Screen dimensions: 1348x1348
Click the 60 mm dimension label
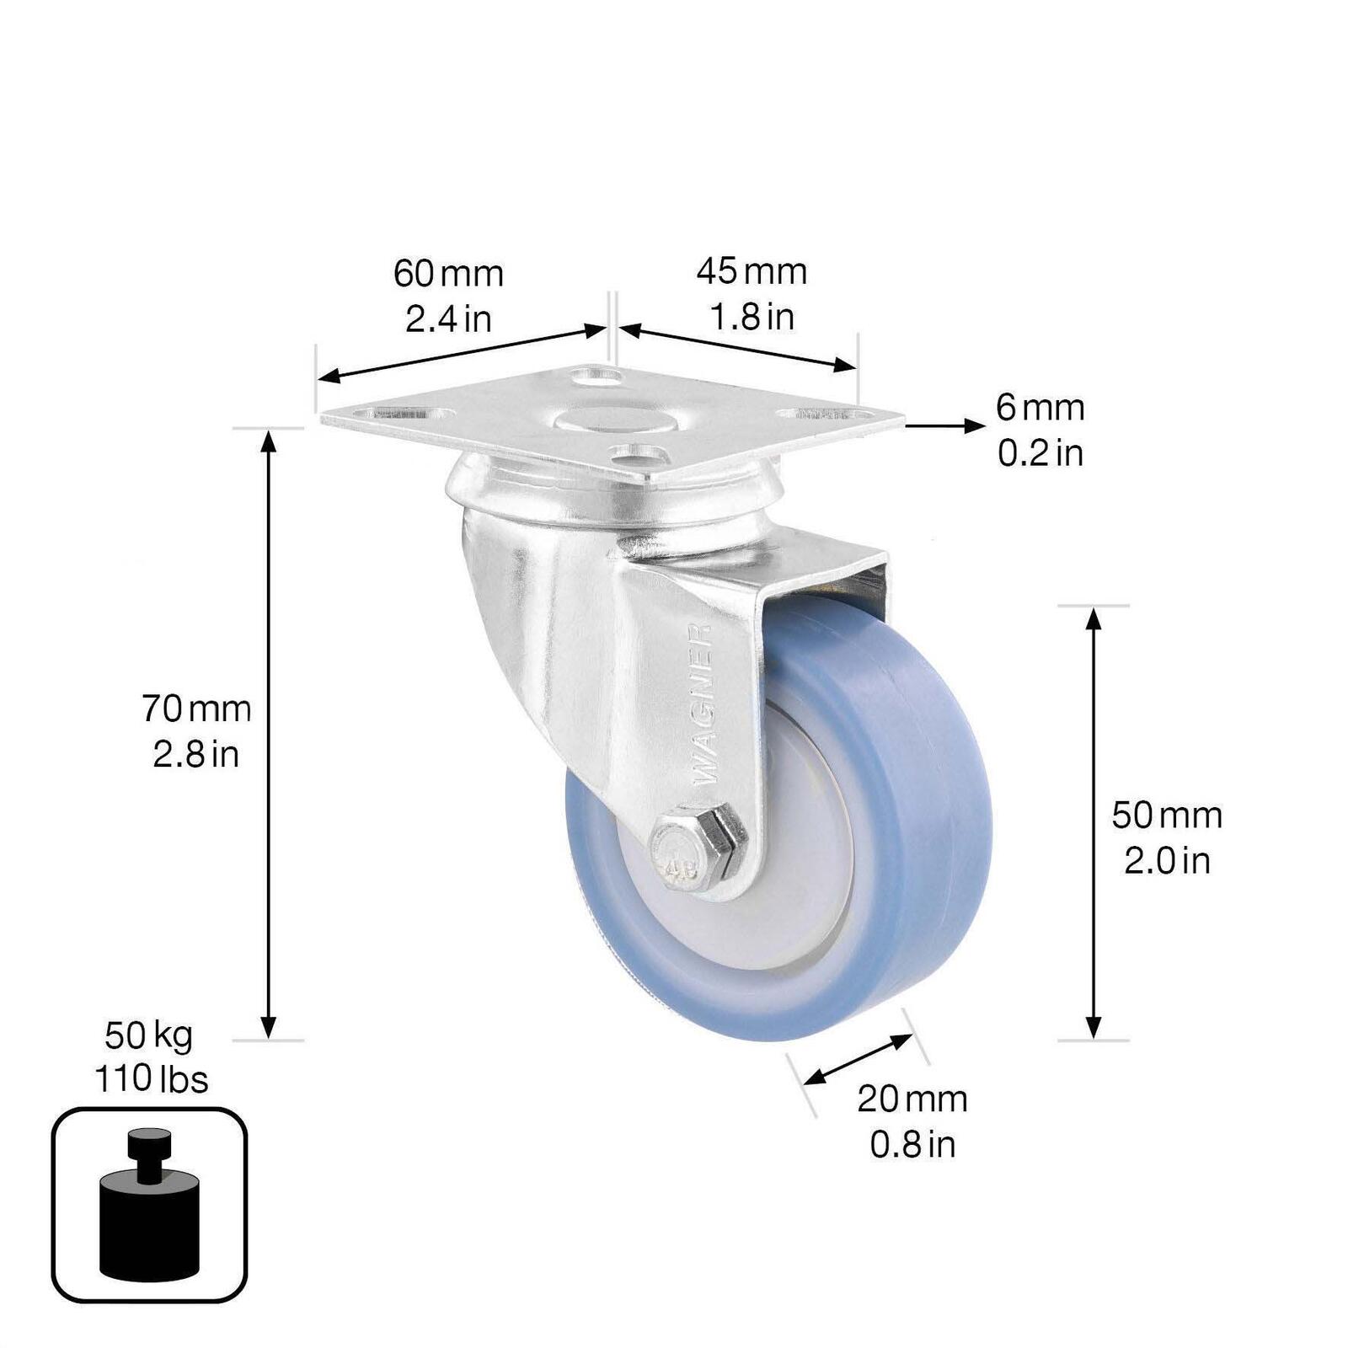(x=448, y=274)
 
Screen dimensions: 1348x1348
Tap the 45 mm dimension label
(x=752, y=271)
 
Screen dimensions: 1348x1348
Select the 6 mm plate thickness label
(x=1040, y=408)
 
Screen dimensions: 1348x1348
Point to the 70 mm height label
(x=196, y=709)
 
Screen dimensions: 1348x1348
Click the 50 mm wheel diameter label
(x=1167, y=815)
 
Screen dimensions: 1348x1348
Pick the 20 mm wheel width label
(x=912, y=1099)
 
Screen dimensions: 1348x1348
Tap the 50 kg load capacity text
(x=149, y=1035)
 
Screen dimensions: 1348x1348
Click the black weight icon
(x=149, y=1203)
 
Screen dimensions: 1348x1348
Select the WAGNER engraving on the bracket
(x=702, y=704)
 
